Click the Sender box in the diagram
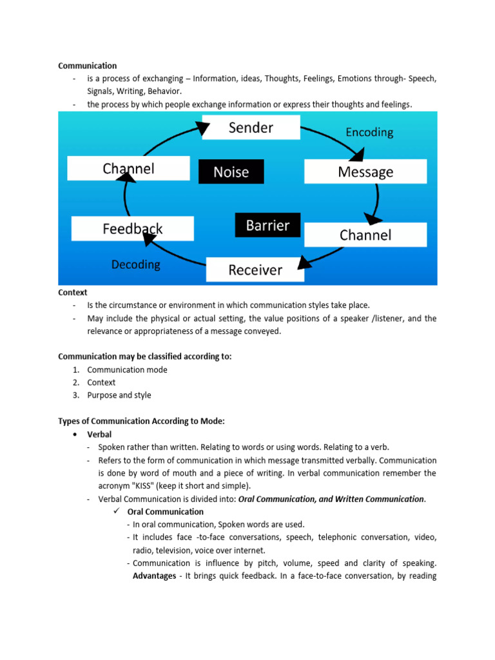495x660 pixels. click(251, 128)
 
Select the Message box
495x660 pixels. click(365, 172)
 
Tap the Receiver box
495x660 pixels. click(255, 269)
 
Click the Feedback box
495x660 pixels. click(133, 229)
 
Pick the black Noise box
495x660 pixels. click(231, 172)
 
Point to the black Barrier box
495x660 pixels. click(267, 226)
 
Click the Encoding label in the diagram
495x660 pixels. click(369, 132)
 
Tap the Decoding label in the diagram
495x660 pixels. click(136, 264)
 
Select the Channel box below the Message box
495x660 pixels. click(365, 235)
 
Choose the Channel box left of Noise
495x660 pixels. click(129, 169)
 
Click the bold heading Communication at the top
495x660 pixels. click(88, 66)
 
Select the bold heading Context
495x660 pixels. click(73, 293)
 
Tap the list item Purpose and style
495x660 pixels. click(119, 395)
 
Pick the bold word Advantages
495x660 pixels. click(154, 576)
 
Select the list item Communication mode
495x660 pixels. click(127, 370)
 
